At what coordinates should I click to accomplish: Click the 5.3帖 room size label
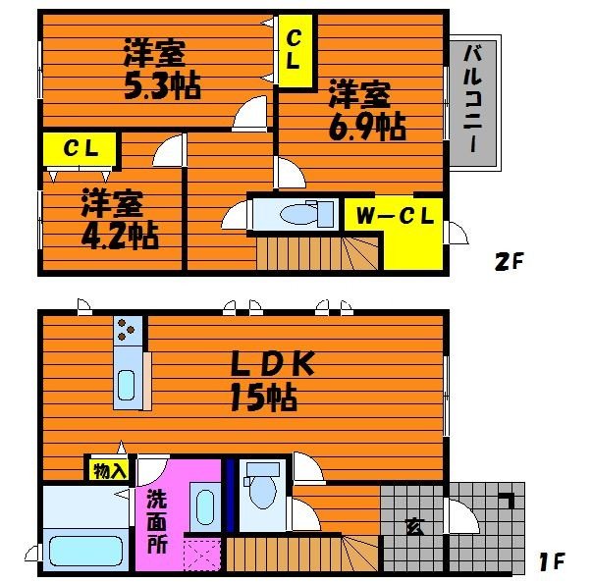pyautogui.click(x=162, y=85)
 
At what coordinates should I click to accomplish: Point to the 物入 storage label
pyautogui.click(x=109, y=470)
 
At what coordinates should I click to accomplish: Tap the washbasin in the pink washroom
pyautogui.click(x=203, y=508)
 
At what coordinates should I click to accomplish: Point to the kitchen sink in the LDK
pyautogui.click(x=126, y=387)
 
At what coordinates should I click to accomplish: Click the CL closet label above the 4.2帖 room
pyautogui.click(x=80, y=149)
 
